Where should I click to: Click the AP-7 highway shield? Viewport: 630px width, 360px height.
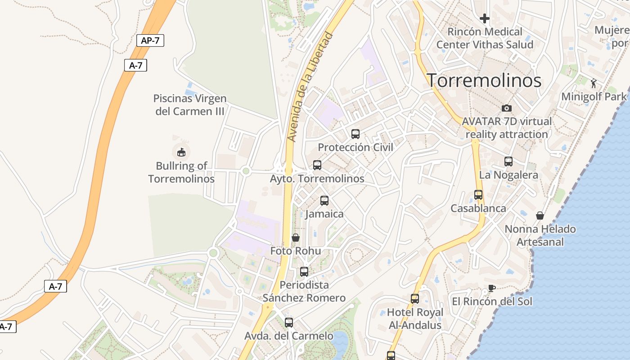[x=150, y=40]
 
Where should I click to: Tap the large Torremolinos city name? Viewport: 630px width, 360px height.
[x=484, y=81]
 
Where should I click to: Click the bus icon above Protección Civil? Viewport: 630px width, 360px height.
[x=355, y=134]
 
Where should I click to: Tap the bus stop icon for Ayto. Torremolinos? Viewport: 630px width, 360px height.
[x=317, y=165]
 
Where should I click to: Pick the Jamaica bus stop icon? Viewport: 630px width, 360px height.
[x=324, y=201]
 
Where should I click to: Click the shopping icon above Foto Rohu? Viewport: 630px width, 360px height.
[x=296, y=238]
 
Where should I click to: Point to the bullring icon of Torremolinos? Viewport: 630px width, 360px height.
[x=181, y=152]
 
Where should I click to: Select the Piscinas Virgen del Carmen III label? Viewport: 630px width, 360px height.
[x=190, y=104]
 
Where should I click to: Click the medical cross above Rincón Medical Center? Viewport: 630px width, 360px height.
[x=485, y=18]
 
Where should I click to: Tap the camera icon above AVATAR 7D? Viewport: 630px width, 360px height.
[x=507, y=108]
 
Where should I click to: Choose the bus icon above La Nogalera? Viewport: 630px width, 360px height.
[x=508, y=161]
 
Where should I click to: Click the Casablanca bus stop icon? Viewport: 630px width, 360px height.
[x=478, y=195]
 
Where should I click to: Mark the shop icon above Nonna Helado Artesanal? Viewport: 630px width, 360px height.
[x=540, y=216]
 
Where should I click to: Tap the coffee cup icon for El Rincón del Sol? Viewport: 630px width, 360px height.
[x=492, y=288]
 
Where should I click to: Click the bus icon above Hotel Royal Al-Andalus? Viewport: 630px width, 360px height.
[x=415, y=298]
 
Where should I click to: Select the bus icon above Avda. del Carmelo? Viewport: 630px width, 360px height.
[x=289, y=322]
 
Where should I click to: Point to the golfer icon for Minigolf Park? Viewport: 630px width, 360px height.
[x=594, y=83]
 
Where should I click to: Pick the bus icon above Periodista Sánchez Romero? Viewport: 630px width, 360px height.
[x=304, y=271]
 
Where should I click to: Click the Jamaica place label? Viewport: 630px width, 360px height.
[x=324, y=214]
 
